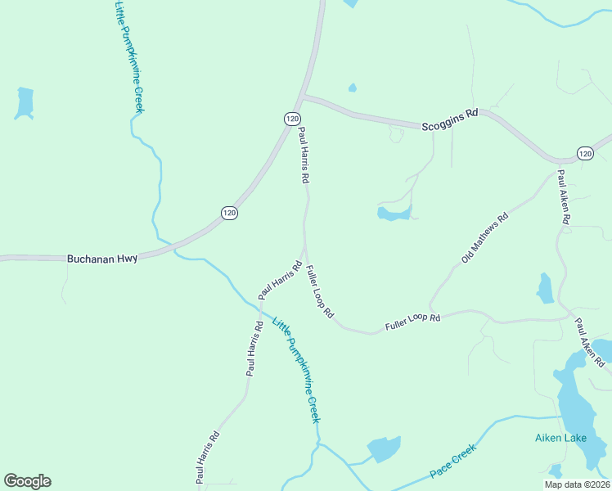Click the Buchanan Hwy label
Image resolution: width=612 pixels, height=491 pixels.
coord(103,258)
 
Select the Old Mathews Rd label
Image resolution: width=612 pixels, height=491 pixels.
coord(485,238)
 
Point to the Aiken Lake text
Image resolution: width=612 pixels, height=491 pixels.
coord(560,438)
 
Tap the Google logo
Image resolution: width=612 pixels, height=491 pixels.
coord(27,481)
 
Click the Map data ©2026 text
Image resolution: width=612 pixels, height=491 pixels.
coord(578,484)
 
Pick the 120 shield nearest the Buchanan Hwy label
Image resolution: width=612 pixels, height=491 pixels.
coord(229,213)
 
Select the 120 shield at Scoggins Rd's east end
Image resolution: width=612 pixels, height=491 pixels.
coord(584,153)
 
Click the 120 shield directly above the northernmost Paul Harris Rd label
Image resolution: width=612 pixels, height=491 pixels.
coord(293,119)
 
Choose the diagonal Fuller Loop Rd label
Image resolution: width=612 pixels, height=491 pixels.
coord(320,291)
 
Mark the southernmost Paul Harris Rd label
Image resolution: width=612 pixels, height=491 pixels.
coord(207,455)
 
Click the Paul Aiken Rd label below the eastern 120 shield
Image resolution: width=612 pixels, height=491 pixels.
coord(564,197)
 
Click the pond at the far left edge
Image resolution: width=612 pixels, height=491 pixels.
coord(25,102)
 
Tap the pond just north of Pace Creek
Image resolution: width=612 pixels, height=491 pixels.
coord(383,448)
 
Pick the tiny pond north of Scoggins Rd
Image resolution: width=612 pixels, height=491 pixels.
coord(353,88)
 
